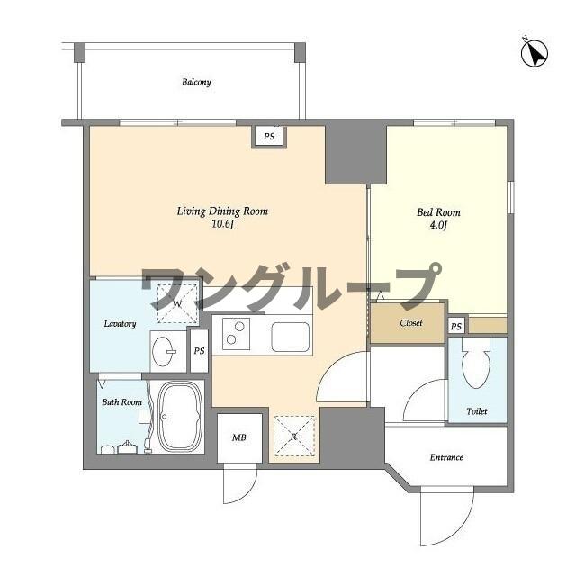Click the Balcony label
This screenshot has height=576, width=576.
[196, 83]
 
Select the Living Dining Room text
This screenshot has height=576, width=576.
[221, 212]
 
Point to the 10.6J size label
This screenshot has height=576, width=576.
[221, 225]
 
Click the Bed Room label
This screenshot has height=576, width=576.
[438, 213]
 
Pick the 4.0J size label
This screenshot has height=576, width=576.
[438, 226]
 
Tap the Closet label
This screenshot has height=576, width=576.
[410, 322]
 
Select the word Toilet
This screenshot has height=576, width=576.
[477, 411]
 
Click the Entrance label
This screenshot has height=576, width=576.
[445, 457]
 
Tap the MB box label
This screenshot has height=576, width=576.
[239, 438]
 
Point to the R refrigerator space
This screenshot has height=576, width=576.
[293, 436]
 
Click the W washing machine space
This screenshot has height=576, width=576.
[177, 303]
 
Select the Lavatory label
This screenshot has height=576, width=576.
[120, 323]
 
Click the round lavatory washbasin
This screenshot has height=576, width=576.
[165, 352]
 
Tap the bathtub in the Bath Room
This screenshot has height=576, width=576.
[181, 418]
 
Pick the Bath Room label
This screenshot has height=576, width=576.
[121, 401]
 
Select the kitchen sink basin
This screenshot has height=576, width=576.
[291, 338]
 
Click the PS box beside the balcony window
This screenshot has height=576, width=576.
[269, 137]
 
